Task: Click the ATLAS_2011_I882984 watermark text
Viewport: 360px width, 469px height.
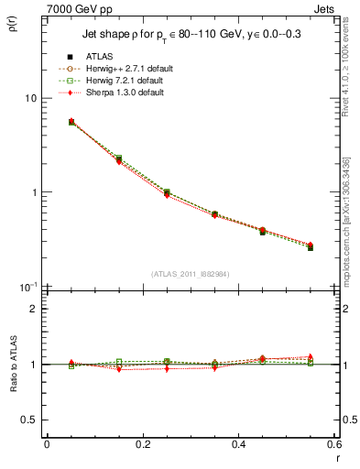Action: [x=191, y=275]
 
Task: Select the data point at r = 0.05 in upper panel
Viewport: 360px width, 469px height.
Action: [x=71, y=121]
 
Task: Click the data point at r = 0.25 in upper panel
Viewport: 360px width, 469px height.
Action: [x=167, y=193]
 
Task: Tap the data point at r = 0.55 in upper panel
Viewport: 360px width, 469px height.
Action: [x=310, y=247]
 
